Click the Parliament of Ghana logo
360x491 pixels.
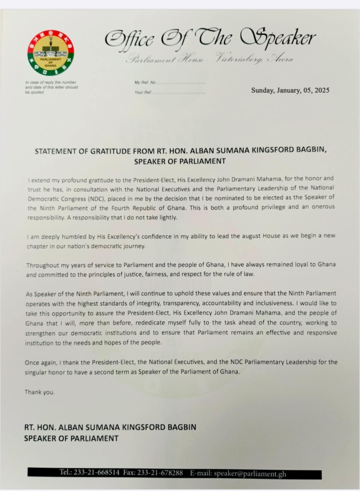click(50, 53)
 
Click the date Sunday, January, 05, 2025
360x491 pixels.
click(290, 90)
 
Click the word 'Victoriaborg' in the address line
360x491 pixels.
click(238, 59)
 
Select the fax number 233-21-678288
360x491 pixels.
click(161, 473)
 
